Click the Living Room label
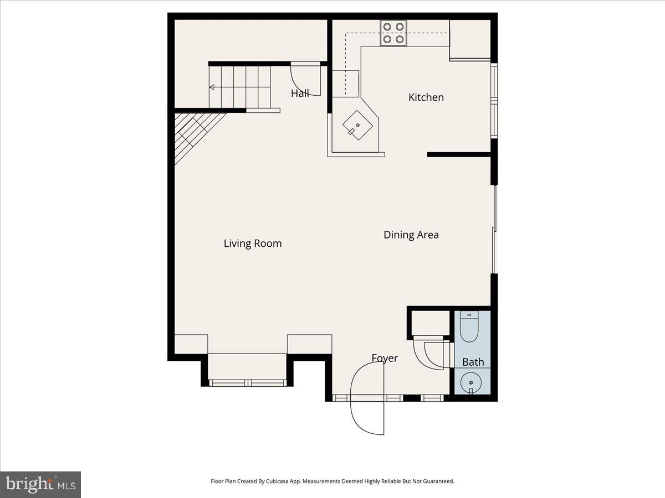[x=253, y=243]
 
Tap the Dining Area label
[x=411, y=235]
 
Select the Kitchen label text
[x=426, y=97]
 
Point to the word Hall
[x=300, y=94]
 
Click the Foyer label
[x=385, y=358]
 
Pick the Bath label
[x=473, y=362]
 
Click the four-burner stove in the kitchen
[x=393, y=33]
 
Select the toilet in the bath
[x=469, y=327]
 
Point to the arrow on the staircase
[x=212, y=87]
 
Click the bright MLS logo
[x=40, y=484]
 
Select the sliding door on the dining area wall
[x=494, y=229]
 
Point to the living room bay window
[x=247, y=382]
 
